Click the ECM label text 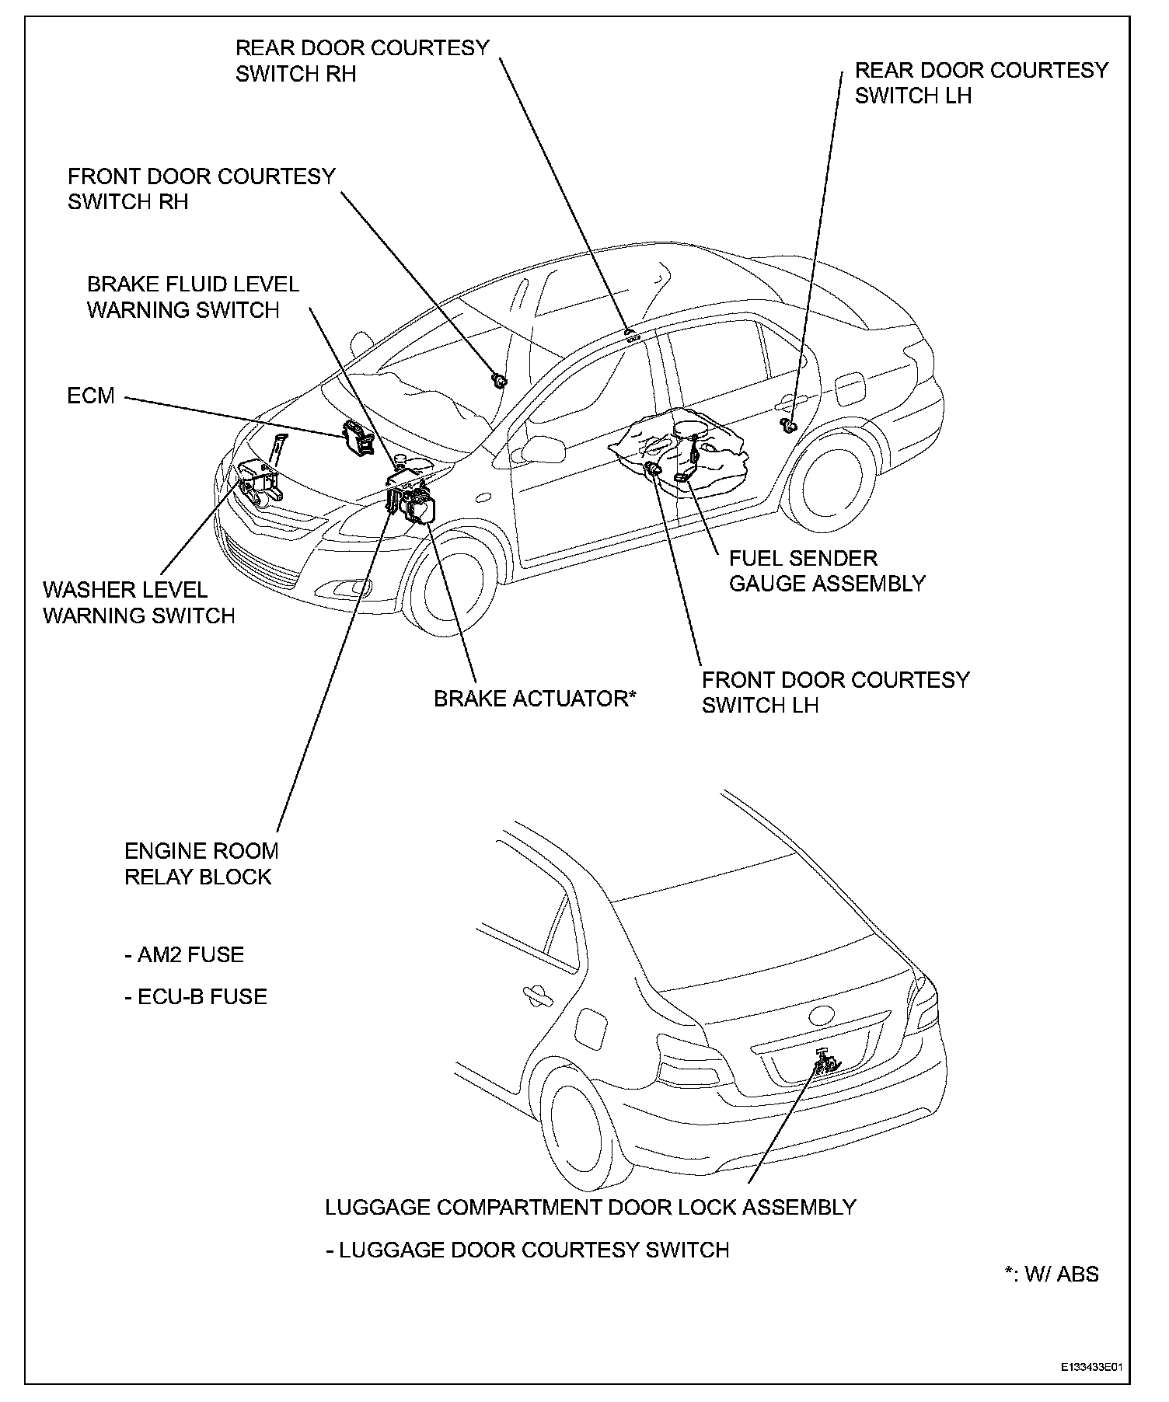click(91, 396)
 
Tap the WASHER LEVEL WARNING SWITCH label click(138, 603)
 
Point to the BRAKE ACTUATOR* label click(535, 699)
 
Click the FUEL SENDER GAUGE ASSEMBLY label click(827, 570)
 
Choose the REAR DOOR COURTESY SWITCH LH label click(981, 83)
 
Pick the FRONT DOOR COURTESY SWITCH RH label click(201, 189)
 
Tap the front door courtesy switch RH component click(499, 379)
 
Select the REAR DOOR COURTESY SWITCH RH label click(362, 61)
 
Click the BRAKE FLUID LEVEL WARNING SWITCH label click(193, 297)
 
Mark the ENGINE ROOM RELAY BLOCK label click(201, 863)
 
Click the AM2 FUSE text click(184, 954)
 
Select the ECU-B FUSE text click(196, 996)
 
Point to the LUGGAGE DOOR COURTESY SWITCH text click(528, 1250)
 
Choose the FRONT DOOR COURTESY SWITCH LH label click(836, 692)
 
